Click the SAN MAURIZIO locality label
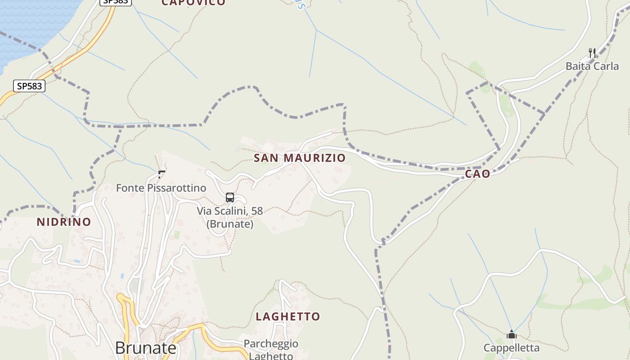tap(300, 158)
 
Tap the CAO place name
tap(477, 174)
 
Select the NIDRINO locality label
tap(64, 222)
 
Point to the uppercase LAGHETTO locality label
tap(288, 316)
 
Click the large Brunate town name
tap(145, 348)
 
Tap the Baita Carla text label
tap(592, 66)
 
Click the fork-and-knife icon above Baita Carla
tap(592, 53)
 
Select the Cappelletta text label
tap(511, 348)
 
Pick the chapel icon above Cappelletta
tap(511, 334)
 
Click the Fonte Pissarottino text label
tap(161, 188)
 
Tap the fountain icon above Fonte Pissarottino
tap(162, 174)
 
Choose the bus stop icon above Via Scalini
tap(230, 197)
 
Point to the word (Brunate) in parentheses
tap(230, 224)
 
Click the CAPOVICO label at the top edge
tap(193, 3)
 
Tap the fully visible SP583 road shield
tap(29, 86)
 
